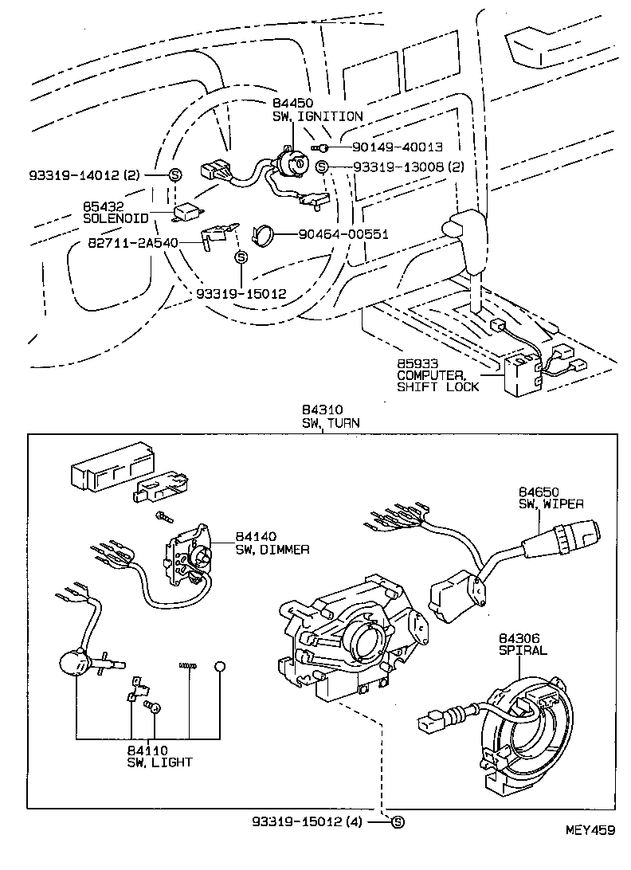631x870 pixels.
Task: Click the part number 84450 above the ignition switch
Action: click(292, 104)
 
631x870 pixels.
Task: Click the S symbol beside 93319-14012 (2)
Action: click(175, 174)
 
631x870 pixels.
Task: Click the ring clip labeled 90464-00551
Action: click(264, 234)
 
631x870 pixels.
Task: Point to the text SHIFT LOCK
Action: click(438, 386)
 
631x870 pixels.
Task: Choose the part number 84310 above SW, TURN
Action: click(319, 410)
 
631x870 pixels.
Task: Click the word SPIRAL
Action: click(523, 649)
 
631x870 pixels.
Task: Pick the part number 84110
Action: click(147, 750)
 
